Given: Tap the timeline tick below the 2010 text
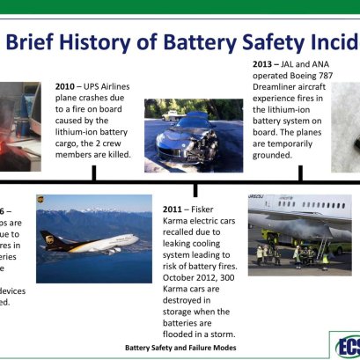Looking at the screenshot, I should coord(93,173).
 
